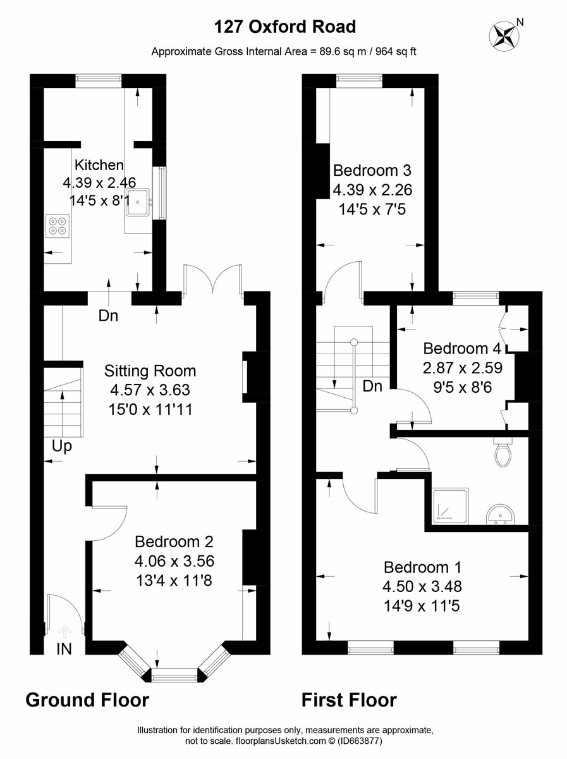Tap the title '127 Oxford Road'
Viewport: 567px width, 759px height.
tap(285, 27)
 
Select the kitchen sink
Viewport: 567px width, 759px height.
tap(138, 202)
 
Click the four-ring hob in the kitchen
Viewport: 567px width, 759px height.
tap(58, 225)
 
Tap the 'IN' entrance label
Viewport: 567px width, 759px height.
tap(64, 650)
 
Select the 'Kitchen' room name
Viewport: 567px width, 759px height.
tap(99, 165)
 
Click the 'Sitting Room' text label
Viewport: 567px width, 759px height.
tap(150, 371)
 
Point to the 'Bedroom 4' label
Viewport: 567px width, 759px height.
tap(462, 349)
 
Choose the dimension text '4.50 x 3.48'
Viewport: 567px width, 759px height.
tap(422, 586)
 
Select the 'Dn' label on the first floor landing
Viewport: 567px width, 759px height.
tap(372, 386)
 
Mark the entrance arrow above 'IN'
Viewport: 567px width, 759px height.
tap(64, 631)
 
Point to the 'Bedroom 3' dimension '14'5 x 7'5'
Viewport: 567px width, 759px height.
tap(372, 209)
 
